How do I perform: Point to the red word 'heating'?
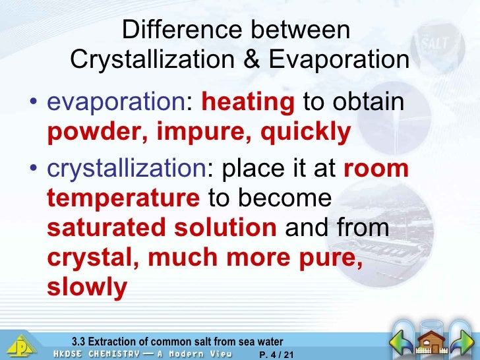pyautogui.click(x=248, y=104)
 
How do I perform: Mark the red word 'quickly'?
pyautogui.click(x=306, y=133)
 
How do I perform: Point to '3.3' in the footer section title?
pyautogui.click(x=78, y=342)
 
